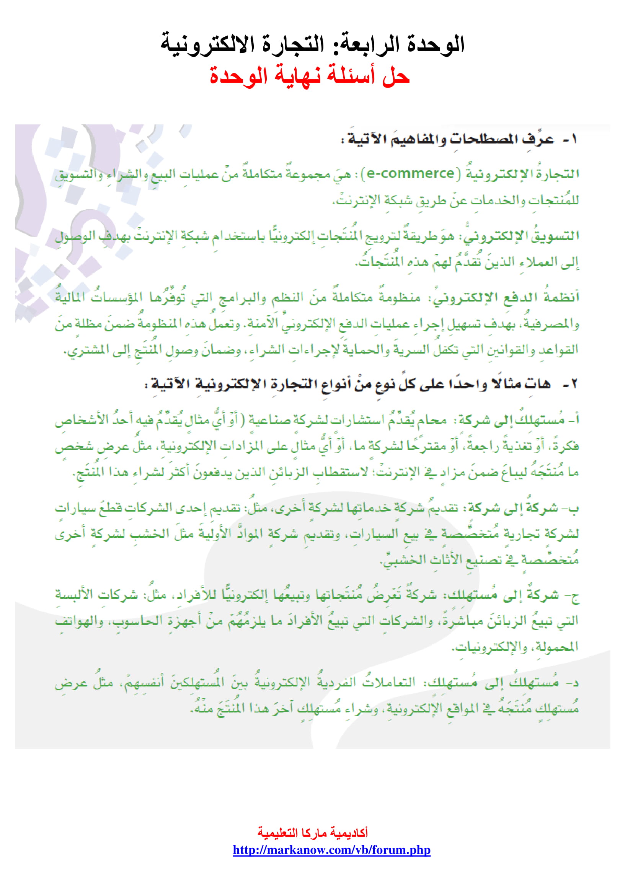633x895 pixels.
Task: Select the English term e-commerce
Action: [410, 173]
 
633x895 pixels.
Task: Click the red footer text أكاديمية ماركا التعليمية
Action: [313, 833]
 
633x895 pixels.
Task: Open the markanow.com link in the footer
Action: [331, 850]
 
